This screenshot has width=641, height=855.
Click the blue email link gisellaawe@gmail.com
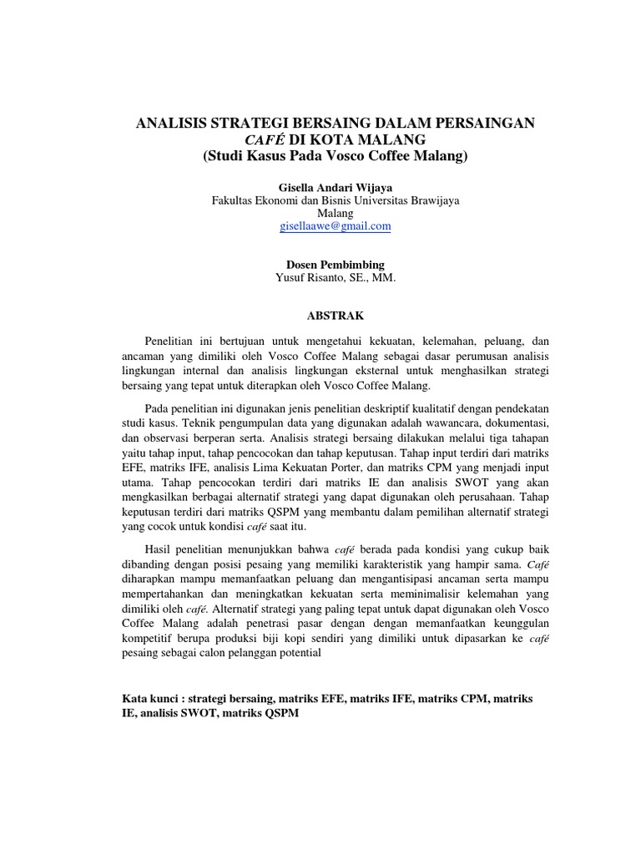click(x=335, y=226)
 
